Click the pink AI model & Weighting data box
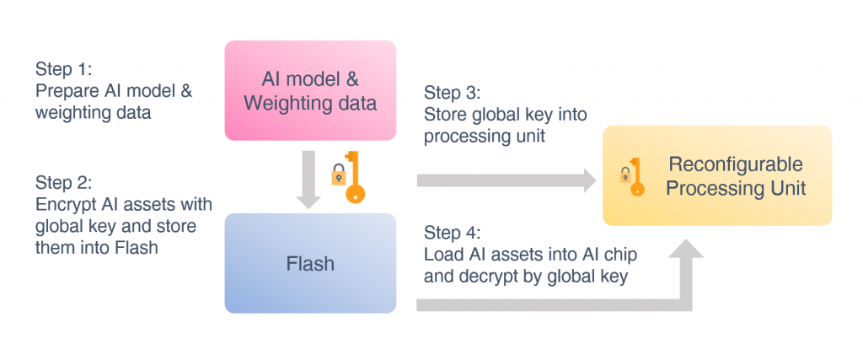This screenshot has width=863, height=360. pyautogui.click(x=310, y=90)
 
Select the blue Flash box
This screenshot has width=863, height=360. pyautogui.click(x=310, y=263)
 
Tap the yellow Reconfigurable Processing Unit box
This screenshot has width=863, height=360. pyautogui.click(x=717, y=175)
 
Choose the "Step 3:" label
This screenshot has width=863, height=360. pyautogui.click(x=453, y=93)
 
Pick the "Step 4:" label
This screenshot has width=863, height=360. pyautogui.click(x=453, y=231)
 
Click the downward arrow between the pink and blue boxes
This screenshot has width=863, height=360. pyautogui.click(x=310, y=180)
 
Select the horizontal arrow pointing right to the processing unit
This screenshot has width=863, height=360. pyautogui.click(x=506, y=179)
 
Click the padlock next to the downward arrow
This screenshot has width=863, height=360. pyautogui.click(x=337, y=175)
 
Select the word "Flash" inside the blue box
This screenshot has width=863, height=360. pyautogui.click(x=310, y=264)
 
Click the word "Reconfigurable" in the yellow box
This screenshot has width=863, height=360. pyautogui.click(x=736, y=164)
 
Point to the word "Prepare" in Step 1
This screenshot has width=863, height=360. pyautogui.click(x=67, y=90)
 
